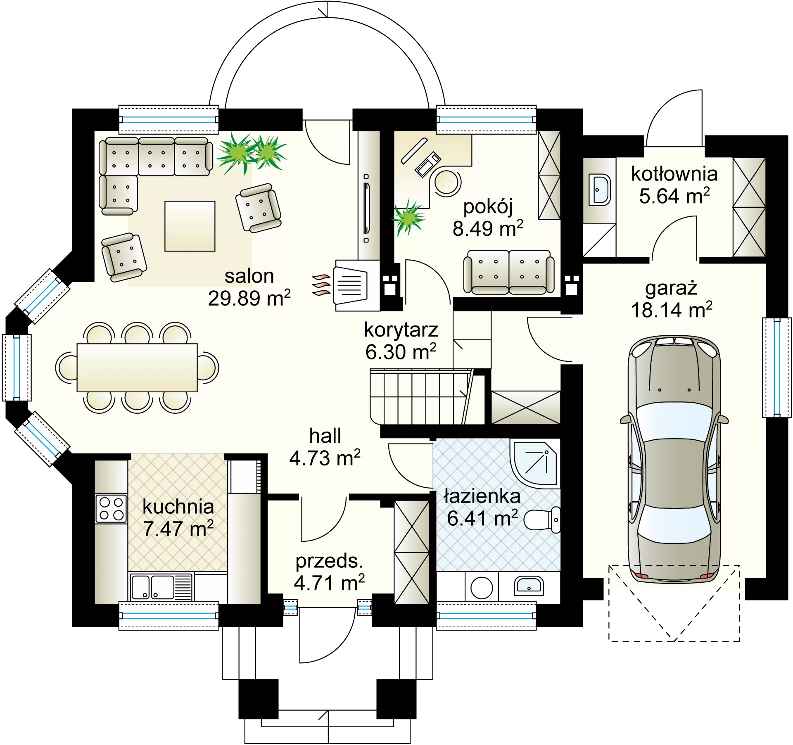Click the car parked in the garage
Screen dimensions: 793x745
coord(674,458)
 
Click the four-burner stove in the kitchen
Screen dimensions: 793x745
coord(111,508)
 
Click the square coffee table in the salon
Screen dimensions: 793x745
coord(190,226)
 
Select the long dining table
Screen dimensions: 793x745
coord(137,368)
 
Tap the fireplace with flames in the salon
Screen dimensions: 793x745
coord(347,285)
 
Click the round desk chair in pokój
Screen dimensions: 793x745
coord(447,183)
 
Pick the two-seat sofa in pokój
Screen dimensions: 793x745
coord(509,272)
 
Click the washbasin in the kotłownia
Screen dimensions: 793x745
coord(600,190)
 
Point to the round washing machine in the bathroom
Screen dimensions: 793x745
coord(482,588)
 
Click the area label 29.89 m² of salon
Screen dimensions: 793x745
coord(249,298)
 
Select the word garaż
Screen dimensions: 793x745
coord(671,288)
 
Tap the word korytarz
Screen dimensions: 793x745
coord(401,330)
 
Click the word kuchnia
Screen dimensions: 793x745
coord(178,507)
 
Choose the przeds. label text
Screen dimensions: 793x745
coord(329,561)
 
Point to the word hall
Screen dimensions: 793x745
coord(325,436)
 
